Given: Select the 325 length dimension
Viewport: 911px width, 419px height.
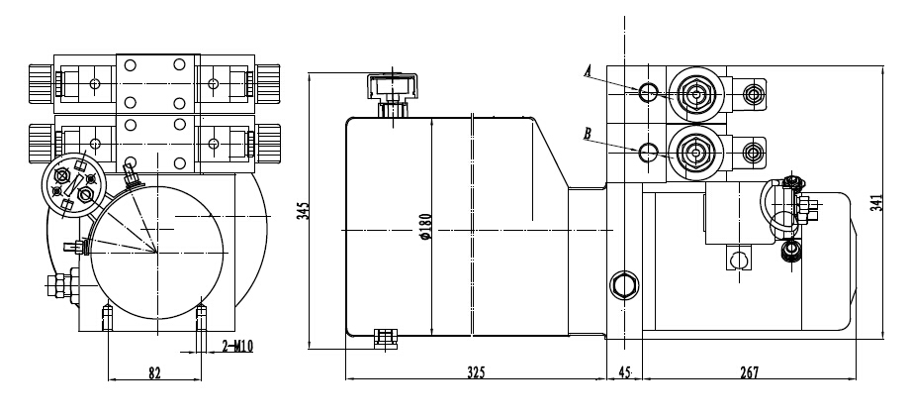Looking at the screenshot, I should [x=475, y=372].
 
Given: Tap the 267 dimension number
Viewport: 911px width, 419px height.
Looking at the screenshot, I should [x=749, y=372].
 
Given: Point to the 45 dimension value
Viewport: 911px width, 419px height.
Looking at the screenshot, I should [x=624, y=372].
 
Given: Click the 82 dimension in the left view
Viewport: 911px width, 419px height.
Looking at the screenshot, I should [x=154, y=372].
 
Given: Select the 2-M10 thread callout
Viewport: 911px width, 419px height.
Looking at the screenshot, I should [x=237, y=346].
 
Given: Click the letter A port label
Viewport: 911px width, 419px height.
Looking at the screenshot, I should [x=588, y=71].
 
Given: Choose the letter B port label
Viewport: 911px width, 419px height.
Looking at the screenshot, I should [x=588, y=133].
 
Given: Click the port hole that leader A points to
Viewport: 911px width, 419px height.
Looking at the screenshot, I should [x=648, y=93].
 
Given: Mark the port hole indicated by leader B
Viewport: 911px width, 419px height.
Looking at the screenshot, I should [x=648, y=153].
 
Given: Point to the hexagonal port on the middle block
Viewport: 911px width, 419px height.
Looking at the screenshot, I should [x=624, y=284].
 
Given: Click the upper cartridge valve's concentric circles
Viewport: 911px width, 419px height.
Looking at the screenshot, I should [x=693, y=95].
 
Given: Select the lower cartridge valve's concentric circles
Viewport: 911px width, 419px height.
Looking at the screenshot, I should [x=693, y=153].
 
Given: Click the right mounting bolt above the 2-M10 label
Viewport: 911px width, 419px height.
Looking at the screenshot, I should [x=203, y=318].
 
